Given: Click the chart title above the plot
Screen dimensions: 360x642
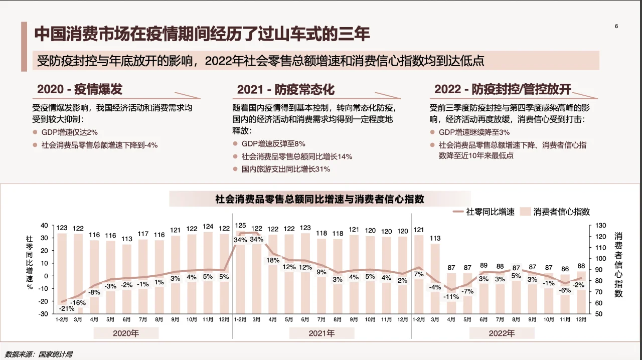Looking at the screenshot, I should click(320, 199).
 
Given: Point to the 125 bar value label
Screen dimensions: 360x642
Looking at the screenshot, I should click(241, 226).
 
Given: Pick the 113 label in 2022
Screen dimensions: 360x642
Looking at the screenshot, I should click(435, 238).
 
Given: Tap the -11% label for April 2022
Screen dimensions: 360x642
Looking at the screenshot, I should click(451, 296).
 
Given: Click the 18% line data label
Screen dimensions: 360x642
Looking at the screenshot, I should click(273, 260).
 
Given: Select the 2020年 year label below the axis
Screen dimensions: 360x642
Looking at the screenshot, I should click(126, 333).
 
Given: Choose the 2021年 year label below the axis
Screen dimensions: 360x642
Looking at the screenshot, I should click(322, 333).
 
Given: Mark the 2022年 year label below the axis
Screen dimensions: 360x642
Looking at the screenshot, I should click(502, 333).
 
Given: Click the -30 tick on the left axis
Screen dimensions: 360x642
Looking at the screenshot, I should click(43, 314).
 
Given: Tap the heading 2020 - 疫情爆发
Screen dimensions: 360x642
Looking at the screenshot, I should click(80, 90).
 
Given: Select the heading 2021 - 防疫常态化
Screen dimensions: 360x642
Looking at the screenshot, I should click(285, 90).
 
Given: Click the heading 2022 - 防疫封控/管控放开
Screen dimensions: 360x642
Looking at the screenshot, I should click(503, 90).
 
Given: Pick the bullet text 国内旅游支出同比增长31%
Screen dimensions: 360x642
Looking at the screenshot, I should click(285, 169).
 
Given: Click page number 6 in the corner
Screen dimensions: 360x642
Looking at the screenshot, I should click(616, 27).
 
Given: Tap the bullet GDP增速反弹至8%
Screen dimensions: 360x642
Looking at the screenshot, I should click(273, 144).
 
